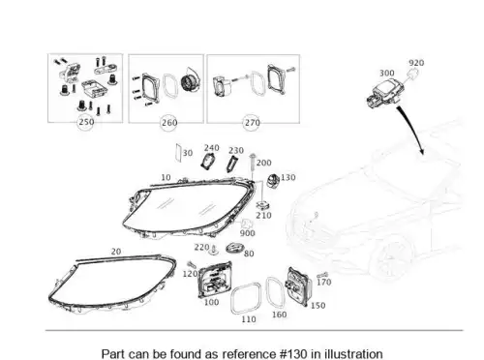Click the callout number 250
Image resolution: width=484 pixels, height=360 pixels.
click(86, 122)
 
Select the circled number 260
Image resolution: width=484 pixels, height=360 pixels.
click(169, 123)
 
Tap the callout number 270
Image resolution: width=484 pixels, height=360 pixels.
click(253, 123)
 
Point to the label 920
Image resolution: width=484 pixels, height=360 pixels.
click(416, 63)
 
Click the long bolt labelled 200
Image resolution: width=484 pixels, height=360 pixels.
click(253, 165)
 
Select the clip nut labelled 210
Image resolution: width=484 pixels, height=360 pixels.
click(263, 206)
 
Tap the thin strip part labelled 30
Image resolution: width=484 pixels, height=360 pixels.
click(178, 152)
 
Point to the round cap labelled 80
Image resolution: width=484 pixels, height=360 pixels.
click(235, 248)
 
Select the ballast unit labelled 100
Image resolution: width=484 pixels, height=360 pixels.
click(215, 280)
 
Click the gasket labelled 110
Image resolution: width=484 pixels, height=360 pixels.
click(246, 298)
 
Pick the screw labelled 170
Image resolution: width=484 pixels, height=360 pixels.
click(322, 275)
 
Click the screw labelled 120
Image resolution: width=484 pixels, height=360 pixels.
click(192, 264)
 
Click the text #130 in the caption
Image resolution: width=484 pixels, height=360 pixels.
click(293, 353)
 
